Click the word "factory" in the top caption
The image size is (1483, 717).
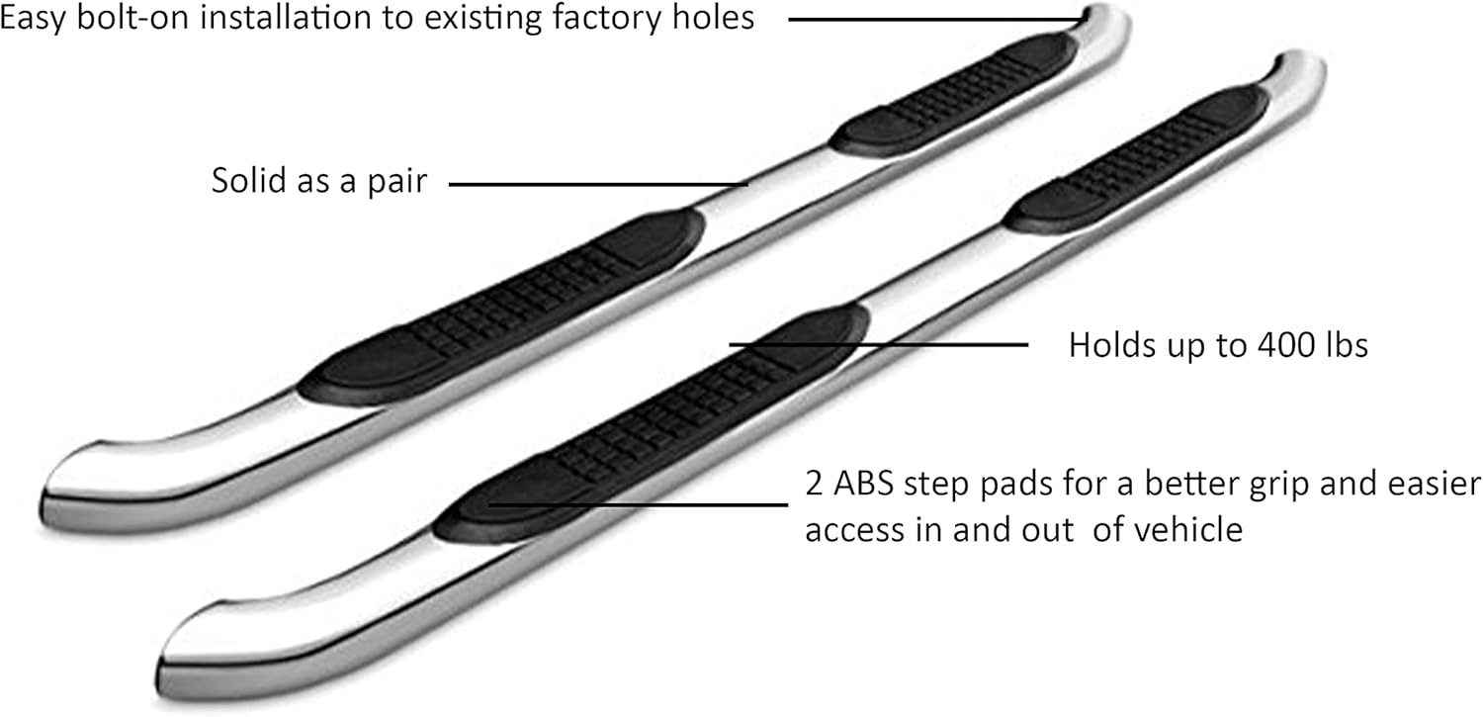606,18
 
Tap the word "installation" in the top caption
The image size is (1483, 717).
286,17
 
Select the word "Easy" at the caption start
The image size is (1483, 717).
33,19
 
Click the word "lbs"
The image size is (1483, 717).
1347,345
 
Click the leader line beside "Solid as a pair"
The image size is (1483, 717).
598,184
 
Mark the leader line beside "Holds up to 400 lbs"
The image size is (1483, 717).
879,344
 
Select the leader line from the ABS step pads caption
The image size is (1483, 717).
639,504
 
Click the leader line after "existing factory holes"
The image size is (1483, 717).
936,19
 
